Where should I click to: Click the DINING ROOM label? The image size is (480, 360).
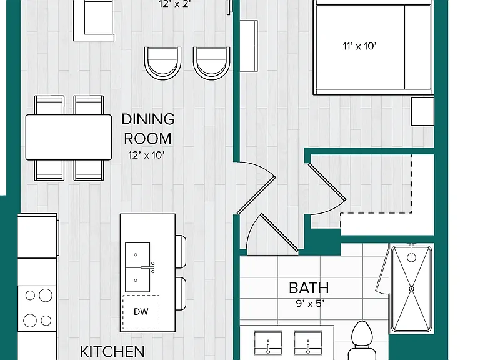148,129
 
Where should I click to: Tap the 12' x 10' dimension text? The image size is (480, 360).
147,155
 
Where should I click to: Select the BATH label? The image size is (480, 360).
309,288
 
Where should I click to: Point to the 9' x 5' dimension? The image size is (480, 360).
310,304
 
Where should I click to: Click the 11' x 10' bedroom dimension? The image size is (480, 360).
359,46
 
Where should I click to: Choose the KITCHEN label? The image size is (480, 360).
112,352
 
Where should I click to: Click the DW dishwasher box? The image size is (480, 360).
141,312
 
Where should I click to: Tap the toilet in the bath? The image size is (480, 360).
362,341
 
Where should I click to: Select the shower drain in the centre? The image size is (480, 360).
411,289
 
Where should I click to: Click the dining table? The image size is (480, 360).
69,137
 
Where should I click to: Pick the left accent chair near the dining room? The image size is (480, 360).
163,63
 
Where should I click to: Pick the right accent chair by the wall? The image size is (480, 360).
211,63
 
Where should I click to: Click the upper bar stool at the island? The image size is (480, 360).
181,252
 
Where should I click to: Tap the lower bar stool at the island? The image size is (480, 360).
181,294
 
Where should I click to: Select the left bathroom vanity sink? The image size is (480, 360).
268,343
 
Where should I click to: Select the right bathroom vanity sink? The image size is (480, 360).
308,343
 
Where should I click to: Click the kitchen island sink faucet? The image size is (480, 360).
148,267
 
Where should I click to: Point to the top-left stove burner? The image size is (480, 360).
30,296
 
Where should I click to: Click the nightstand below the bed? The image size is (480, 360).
422,111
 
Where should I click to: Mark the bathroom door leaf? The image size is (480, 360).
279,232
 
